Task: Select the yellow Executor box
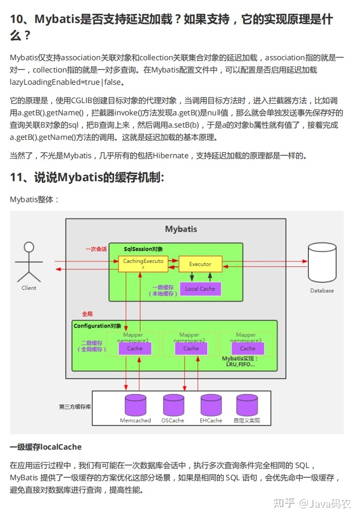(200, 264)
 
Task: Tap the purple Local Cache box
(200, 289)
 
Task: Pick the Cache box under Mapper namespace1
(135, 349)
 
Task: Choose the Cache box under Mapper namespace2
(191, 349)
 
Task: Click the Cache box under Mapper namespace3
(247, 349)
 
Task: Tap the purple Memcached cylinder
(135, 405)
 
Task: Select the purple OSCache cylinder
(173, 405)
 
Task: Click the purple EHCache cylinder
(211, 405)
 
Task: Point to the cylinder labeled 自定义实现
(247, 405)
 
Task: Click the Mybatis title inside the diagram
(181, 229)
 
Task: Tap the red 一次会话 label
(96, 249)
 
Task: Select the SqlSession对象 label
(143, 249)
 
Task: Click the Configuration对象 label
(98, 326)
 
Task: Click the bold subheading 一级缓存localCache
(45, 447)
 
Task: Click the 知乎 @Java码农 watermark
(312, 503)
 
